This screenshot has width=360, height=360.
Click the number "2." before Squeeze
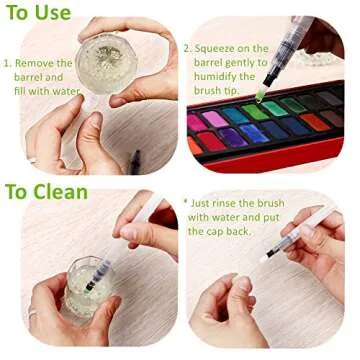[188, 47]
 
